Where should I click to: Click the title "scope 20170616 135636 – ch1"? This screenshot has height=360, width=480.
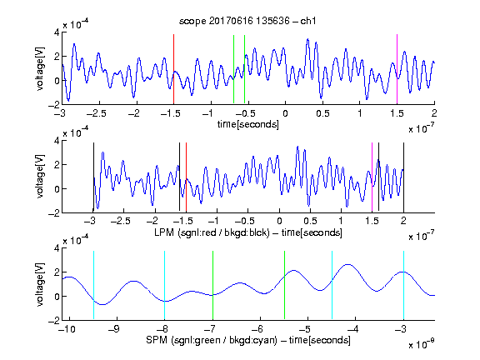[247, 21]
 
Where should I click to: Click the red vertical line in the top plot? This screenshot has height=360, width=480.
[173, 69]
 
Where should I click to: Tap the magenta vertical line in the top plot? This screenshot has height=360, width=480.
[397, 69]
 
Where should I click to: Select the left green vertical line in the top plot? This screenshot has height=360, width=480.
[233, 69]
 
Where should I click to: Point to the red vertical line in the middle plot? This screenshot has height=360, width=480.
[186, 177]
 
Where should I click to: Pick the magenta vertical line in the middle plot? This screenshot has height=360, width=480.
[372, 177]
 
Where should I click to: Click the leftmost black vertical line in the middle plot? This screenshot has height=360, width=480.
[93, 177]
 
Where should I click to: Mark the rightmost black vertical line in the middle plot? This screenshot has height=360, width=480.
[403, 177]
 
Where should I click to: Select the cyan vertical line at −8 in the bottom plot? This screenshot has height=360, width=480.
[164, 285]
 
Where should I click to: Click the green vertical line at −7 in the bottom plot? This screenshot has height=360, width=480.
[212, 285]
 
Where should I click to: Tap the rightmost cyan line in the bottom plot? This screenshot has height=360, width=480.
[403, 285]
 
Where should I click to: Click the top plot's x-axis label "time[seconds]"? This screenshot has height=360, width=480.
[248, 124]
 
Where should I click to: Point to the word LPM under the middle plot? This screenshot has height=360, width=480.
[164, 232]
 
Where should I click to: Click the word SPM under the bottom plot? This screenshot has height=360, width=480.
[157, 340]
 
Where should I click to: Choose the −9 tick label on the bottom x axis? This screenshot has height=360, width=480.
[114, 329]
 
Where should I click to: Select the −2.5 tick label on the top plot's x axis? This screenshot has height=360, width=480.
[97, 113]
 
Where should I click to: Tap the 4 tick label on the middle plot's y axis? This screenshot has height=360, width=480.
[57, 141]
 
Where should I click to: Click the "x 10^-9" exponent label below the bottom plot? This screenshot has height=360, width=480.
[422, 344]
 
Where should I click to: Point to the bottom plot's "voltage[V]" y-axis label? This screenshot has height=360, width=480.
[40, 284]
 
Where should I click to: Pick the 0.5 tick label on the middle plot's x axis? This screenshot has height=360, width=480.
[310, 221]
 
